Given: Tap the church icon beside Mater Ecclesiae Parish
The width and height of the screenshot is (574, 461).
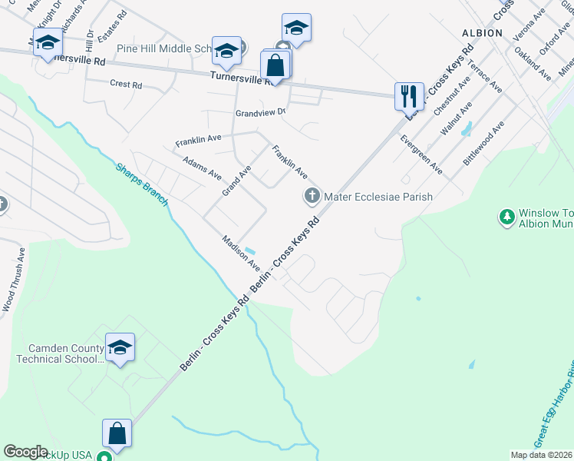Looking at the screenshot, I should (x=312, y=197).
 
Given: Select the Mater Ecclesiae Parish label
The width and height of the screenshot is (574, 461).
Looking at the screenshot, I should (x=378, y=197).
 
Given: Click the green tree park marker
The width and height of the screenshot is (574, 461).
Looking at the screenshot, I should (x=506, y=217).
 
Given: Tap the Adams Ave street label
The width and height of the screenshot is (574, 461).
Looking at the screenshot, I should (x=202, y=168).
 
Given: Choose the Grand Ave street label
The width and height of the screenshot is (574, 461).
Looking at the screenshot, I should (x=236, y=180).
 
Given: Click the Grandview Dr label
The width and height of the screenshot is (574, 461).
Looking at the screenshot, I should (x=260, y=112).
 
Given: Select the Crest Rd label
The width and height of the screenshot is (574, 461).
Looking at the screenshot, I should (x=126, y=85).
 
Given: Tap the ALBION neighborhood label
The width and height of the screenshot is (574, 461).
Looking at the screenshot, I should (x=482, y=33).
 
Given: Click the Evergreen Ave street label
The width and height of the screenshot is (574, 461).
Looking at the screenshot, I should (x=421, y=154).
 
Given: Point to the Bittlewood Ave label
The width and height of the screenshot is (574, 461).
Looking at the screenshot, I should (x=483, y=144).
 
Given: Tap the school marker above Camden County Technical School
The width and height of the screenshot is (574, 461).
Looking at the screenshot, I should (x=119, y=348).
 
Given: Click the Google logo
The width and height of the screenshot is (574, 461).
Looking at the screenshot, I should (x=25, y=452).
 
